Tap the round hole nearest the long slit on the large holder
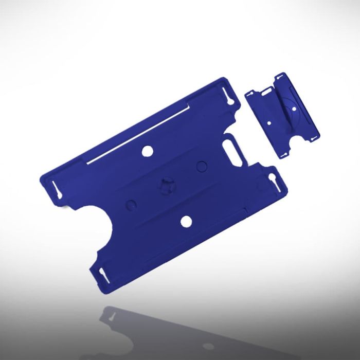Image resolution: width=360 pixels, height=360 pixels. point(147,151)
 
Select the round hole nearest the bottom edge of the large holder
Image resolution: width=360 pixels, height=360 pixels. point(186,221)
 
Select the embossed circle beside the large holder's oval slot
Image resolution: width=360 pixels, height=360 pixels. point(202,166)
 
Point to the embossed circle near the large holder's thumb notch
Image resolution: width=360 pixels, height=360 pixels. point(131,204)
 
